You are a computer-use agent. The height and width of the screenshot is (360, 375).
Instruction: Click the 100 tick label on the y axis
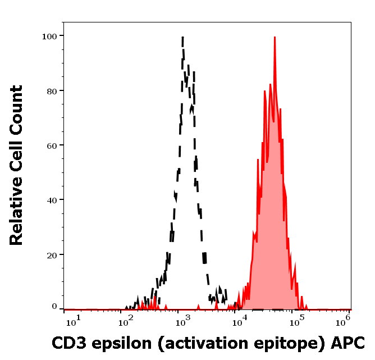coord(49,36)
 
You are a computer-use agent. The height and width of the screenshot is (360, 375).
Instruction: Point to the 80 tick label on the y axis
coord(52,90)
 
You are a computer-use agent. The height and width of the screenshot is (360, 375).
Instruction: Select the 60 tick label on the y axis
coord(52,145)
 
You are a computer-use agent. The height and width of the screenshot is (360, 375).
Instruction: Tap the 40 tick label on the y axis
coord(52,200)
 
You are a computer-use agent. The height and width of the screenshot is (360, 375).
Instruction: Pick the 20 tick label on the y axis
coord(52,254)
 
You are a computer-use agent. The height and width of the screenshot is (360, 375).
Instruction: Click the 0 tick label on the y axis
coord(54,307)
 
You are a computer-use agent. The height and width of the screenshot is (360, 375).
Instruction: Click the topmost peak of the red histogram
coord(275,38)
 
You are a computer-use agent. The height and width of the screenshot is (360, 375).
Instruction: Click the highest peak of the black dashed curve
coord(182,38)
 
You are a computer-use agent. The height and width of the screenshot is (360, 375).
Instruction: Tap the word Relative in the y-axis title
coord(16,216)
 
